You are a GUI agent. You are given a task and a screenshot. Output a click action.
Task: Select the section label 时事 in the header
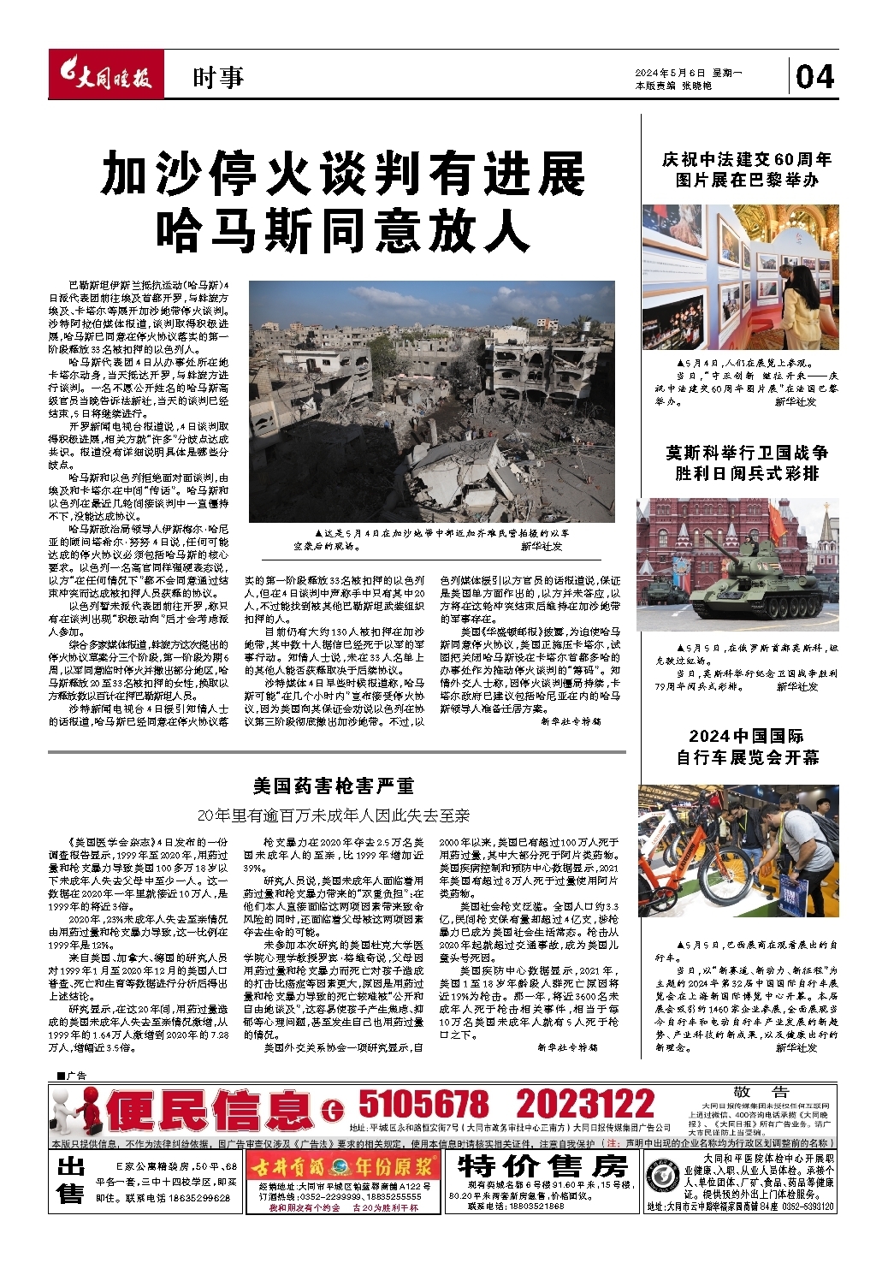tap(218, 78)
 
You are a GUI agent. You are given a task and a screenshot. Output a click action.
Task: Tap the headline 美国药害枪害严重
tap(334, 785)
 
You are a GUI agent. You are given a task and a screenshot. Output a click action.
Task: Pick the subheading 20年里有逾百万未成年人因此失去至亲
tap(334, 815)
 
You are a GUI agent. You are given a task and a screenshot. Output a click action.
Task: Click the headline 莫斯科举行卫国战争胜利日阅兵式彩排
tap(747, 463)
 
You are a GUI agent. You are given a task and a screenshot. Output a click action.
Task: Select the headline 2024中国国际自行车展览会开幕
tap(747, 746)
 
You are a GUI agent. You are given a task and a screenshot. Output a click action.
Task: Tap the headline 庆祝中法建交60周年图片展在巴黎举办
tap(747, 169)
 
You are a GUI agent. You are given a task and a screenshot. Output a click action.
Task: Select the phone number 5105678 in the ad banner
tap(423, 1104)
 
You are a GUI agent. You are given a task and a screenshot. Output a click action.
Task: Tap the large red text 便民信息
tap(210, 1112)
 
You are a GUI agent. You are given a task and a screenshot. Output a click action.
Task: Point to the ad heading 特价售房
tap(542, 1167)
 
